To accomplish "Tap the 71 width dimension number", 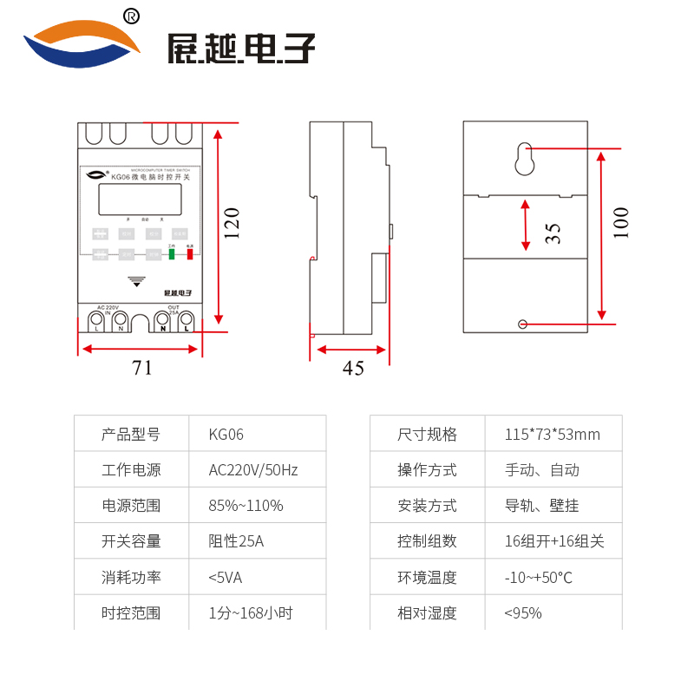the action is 142,368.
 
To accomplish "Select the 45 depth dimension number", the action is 353,369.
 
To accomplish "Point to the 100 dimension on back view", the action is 621,223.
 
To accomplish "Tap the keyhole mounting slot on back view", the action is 523,158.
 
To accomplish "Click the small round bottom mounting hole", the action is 522,324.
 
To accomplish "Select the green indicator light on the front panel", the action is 172,255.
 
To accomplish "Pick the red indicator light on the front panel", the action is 190,255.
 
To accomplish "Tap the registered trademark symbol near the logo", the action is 132,16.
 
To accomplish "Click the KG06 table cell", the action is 226,435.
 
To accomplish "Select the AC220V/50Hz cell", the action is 253,470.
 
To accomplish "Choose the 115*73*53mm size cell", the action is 553,435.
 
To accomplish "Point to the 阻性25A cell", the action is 236,541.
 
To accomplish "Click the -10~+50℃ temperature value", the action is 539,578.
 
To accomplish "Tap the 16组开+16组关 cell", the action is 554,541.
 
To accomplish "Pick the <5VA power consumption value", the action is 226,578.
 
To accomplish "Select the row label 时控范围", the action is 131,613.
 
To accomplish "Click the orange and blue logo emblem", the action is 82,43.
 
